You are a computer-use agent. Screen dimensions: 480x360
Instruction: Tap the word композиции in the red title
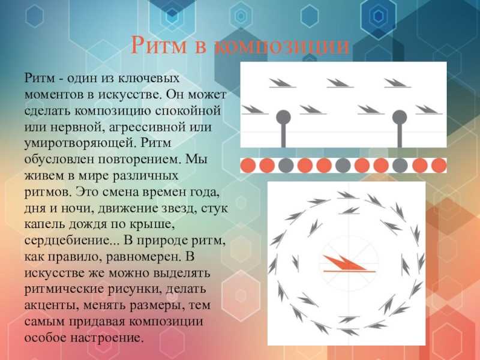click(x=281, y=47)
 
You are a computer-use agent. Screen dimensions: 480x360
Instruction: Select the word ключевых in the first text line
click(x=149, y=79)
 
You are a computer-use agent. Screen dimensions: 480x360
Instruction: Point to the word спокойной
click(x=188, y=110)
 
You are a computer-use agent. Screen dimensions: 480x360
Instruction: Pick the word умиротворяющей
click(x=80, y=143)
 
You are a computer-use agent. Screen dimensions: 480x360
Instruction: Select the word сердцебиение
click(x=71, y=241)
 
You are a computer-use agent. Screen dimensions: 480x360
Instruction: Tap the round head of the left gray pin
click(x=283, y=117)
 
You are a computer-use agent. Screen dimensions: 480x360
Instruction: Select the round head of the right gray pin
click(x=400, y=117)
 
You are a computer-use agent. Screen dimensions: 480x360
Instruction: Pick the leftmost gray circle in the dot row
click(x=286, y=166)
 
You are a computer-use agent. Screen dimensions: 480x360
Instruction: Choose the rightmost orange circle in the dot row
click(x=439, y=166)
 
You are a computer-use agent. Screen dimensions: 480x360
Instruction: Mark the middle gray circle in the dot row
click(x=343, y=166)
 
